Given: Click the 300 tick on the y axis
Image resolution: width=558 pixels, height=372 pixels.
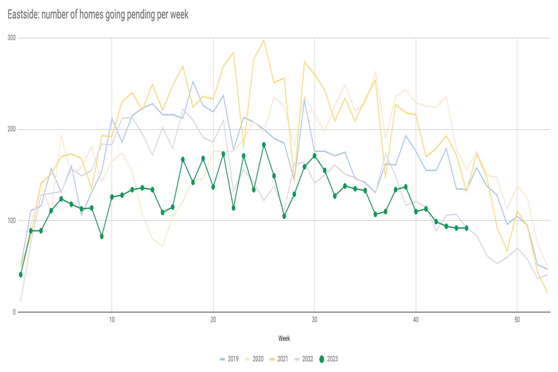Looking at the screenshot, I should point(11,38).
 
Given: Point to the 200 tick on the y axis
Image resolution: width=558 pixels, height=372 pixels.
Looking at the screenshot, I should point(11,130).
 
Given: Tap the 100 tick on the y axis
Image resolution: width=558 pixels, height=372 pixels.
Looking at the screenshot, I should point(11,221).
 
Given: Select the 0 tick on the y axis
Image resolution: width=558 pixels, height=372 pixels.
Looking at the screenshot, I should point(14,313).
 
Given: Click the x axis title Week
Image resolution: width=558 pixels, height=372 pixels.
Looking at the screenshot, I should point(284,338).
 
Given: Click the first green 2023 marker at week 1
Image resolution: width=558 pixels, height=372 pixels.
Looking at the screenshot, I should point(21,274).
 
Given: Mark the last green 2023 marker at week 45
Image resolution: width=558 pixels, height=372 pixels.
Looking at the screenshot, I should point(466,228).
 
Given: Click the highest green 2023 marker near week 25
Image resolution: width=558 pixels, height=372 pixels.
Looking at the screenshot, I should point(264,145).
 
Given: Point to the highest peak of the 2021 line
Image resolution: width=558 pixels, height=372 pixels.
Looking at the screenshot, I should point(263,41).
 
